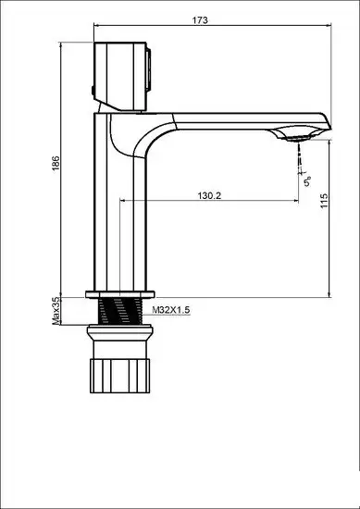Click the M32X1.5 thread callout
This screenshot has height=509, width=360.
click(x=170, y=312)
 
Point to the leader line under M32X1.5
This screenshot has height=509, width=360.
click(x=167, y=318)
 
